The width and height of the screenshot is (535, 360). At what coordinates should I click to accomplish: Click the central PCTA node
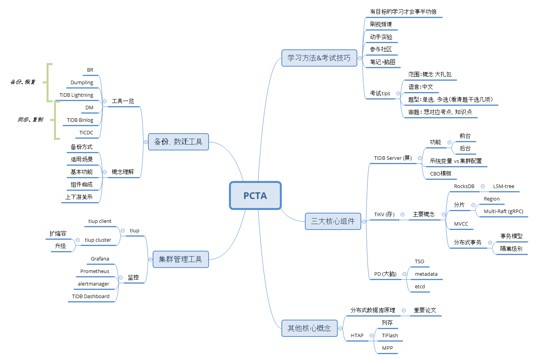(x=255, y=195)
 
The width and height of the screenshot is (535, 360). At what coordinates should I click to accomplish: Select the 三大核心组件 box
(x=333, y=221)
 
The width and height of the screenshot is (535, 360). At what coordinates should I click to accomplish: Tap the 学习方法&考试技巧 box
(x=319, y=58)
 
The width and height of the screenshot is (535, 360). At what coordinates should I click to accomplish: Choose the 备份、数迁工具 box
(x=178, y=142)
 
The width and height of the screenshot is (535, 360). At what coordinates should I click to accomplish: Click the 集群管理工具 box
(x=180, y=259)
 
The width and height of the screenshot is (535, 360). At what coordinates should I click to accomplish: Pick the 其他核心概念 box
(x=309, y=328)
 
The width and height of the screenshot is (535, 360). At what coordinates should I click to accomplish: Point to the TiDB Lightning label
(x=76, y=95)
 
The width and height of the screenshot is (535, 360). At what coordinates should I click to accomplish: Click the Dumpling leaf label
(x=82, y=83)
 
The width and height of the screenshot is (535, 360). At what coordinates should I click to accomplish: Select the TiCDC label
(x=86, y=133)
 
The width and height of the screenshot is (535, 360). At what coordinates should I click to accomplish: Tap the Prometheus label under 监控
(x=95, y=271)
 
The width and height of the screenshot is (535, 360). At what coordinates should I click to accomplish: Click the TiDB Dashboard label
(x=91, y=297)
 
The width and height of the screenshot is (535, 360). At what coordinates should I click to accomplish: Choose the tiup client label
(x=100, y=221)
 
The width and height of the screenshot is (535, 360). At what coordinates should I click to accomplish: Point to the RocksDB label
(x=464, y=186)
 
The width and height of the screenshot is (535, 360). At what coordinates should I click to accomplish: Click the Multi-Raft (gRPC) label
(x=503, y=212)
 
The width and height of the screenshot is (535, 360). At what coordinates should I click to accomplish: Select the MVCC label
(x=461, y=224)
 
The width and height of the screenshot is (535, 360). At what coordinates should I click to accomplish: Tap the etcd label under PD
(x=420, y=287)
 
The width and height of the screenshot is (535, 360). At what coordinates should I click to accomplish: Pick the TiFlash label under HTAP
(x=390, y=336)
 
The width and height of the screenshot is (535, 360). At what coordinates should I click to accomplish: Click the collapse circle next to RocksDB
(x=483, y=186)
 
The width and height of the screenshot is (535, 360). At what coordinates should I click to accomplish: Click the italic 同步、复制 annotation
(x=30, y=119)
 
